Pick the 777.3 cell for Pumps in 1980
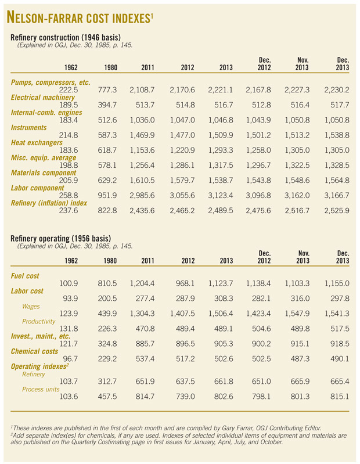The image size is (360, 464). [107, 90]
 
